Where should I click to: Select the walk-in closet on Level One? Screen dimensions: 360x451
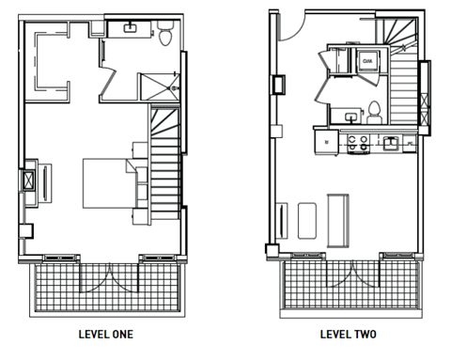pyautogui.click(x=56, y=61)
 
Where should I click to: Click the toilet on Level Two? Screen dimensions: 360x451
pyautogui.click(x=374, y=111)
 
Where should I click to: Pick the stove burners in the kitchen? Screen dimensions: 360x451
pyautogui.click(x=357, y=143)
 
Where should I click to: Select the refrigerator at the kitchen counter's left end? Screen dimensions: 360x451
pyautogui.click(x=326, y=143)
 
